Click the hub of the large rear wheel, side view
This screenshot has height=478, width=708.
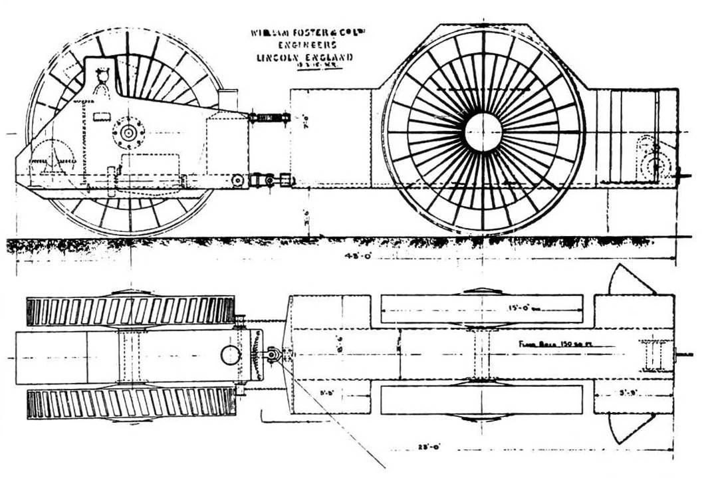(x=483, y=132)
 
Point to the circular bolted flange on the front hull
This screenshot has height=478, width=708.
(x=128, y=133)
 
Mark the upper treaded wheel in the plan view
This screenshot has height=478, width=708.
(x=130, y=310)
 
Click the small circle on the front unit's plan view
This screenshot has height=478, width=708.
(x=231, y=355)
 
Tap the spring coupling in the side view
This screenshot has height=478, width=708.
(x=269, y=118)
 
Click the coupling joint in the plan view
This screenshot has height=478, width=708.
(x=273, y=355)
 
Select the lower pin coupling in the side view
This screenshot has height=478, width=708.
(x=266, y=180)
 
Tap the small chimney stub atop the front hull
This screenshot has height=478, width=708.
(x=227, y=98)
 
